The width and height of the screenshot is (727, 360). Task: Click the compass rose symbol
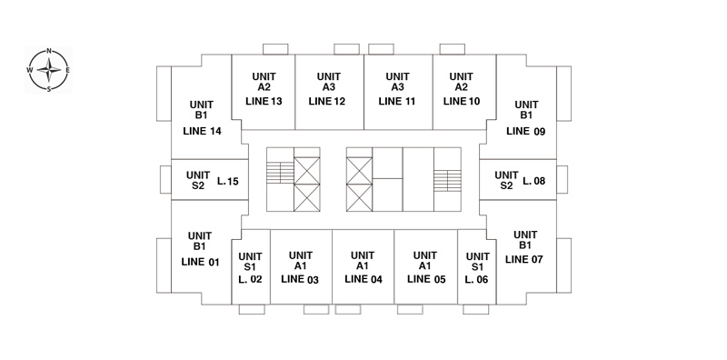(x=49, y=70)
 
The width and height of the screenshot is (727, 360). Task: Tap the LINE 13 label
(x=264, y=101)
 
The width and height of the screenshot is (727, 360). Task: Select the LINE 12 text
(x=327, y=101)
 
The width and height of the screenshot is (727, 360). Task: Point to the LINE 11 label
(x=397, y=101)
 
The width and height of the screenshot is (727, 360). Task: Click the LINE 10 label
(x=462, y=101)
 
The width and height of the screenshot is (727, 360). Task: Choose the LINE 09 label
(x=526, y=131)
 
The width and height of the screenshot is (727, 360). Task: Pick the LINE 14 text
(x=202, y=131)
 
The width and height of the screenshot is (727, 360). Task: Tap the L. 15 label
(x=228, y=182)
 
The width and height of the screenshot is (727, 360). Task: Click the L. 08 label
(x=534, y=182)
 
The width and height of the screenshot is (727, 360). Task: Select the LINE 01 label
(x=200, y=262)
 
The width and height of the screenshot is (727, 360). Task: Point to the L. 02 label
(x=251, y=279)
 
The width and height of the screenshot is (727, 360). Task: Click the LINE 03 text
(x=300, y=279)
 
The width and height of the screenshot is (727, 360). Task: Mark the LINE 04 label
(x=363, y=279)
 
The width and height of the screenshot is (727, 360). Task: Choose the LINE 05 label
(x=426, y=279)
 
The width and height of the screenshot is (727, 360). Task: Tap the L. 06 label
(x=476, y=279)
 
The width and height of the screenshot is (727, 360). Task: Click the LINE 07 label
(x=524, y=259)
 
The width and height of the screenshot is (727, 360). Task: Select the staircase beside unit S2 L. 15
(x=280, y=172)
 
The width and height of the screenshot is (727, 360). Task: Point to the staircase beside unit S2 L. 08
(x=447, y=181)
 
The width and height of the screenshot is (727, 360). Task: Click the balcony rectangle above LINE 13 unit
(x=275, y=49)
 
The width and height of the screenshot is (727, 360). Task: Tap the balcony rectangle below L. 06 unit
(x=475, y=309)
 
